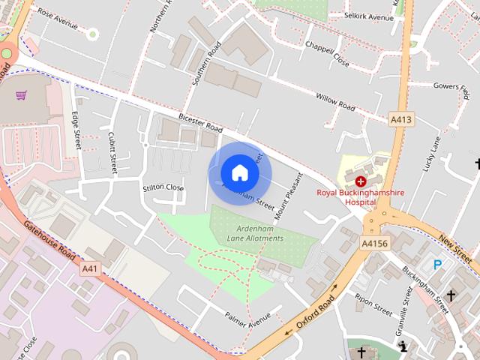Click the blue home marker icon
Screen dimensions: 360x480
239,172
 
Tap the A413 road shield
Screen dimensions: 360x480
400,118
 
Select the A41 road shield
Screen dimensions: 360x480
90,268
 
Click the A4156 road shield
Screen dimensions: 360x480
373,243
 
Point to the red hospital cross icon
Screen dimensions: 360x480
361,181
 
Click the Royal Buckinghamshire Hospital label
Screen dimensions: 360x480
361,197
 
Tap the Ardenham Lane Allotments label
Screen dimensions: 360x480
256,234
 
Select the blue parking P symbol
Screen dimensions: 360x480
438,264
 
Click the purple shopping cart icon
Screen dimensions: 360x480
22,95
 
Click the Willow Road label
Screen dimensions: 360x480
335,102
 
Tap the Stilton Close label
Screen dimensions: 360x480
163,187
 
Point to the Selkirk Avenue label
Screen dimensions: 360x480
369,16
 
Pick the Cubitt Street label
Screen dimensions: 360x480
112,154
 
